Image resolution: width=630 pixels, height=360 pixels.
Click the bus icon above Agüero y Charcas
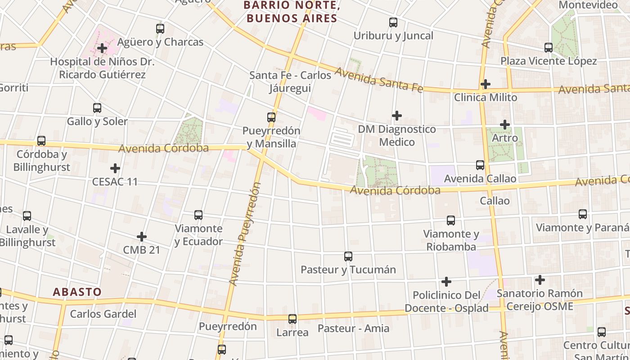[x=160, y=29]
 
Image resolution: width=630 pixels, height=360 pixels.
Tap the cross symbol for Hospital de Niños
[x=102, y=48]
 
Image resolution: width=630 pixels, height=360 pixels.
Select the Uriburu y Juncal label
[x=393, y=36]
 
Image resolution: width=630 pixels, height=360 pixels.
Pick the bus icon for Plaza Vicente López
[x=548, y=47]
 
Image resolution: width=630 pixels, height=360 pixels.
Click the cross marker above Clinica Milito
[x=485, y=84]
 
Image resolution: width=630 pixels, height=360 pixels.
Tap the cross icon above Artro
[x=505, y=124]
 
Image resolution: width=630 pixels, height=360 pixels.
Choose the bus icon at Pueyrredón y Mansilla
[x=271, y=117]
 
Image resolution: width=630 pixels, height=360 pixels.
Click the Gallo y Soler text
[x=97, y=121]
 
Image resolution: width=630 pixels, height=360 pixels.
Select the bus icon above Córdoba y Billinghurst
[x=41, y=141]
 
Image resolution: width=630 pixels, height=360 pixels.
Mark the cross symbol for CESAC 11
[x=115, y=168]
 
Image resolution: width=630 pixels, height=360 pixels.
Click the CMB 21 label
[x=141, y=250]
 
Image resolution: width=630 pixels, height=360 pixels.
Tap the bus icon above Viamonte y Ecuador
[x=198, y=215]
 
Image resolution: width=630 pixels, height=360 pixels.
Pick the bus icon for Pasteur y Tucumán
[x=348, y=256]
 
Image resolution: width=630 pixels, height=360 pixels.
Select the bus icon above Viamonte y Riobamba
[x=451, y=220]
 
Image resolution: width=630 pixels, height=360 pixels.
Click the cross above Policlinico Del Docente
[x=446, y=282]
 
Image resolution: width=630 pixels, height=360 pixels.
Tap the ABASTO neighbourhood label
[x=77, y=292]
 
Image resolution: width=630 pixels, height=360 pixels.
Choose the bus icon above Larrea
[x=292, y=319]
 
